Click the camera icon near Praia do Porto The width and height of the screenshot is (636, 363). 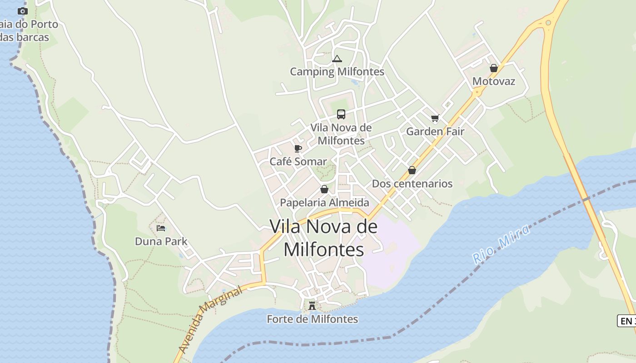pyautogui.click(x=22, y=11)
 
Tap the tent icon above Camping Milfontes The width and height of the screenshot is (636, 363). pyautogui.click(x=337, y=59)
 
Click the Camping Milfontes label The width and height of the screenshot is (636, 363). pyautogui.click(x=337, y=72)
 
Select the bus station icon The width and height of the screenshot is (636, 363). pyautogui.click(x=341, y=114)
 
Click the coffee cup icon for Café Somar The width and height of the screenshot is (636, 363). pyautogui.click(x=298, y=148)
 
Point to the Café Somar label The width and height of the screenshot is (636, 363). pyautogui.click(x=298, y=162)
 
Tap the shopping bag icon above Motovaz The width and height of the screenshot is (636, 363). pyautogui.click(x=494, y=68)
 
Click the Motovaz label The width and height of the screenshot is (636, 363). pyautogui.click(x=494, y=81)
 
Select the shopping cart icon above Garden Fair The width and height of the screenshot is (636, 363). pyautogui.click(x=435, y=118)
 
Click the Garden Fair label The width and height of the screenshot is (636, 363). pyautogui.click(x=435, y=132)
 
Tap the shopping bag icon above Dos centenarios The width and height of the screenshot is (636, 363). pyautogui.click(x=412, y=170)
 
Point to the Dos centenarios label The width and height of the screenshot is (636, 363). pyautogui.click(x=412, y=184)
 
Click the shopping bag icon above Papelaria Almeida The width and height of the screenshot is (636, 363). pyautogui.click(x=324, y=189)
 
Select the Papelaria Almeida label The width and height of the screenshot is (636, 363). pyautogui.click(x=324, y=202)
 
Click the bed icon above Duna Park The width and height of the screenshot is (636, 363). pyautogui.click(x=161, y=228)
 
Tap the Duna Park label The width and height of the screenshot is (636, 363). pyautogui.click(x=161, y=241)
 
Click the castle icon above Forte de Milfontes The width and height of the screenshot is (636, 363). pyautogui.click(x=312, y=305)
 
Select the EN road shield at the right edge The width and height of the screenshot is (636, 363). pyautogui.click(x=627, y=321)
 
